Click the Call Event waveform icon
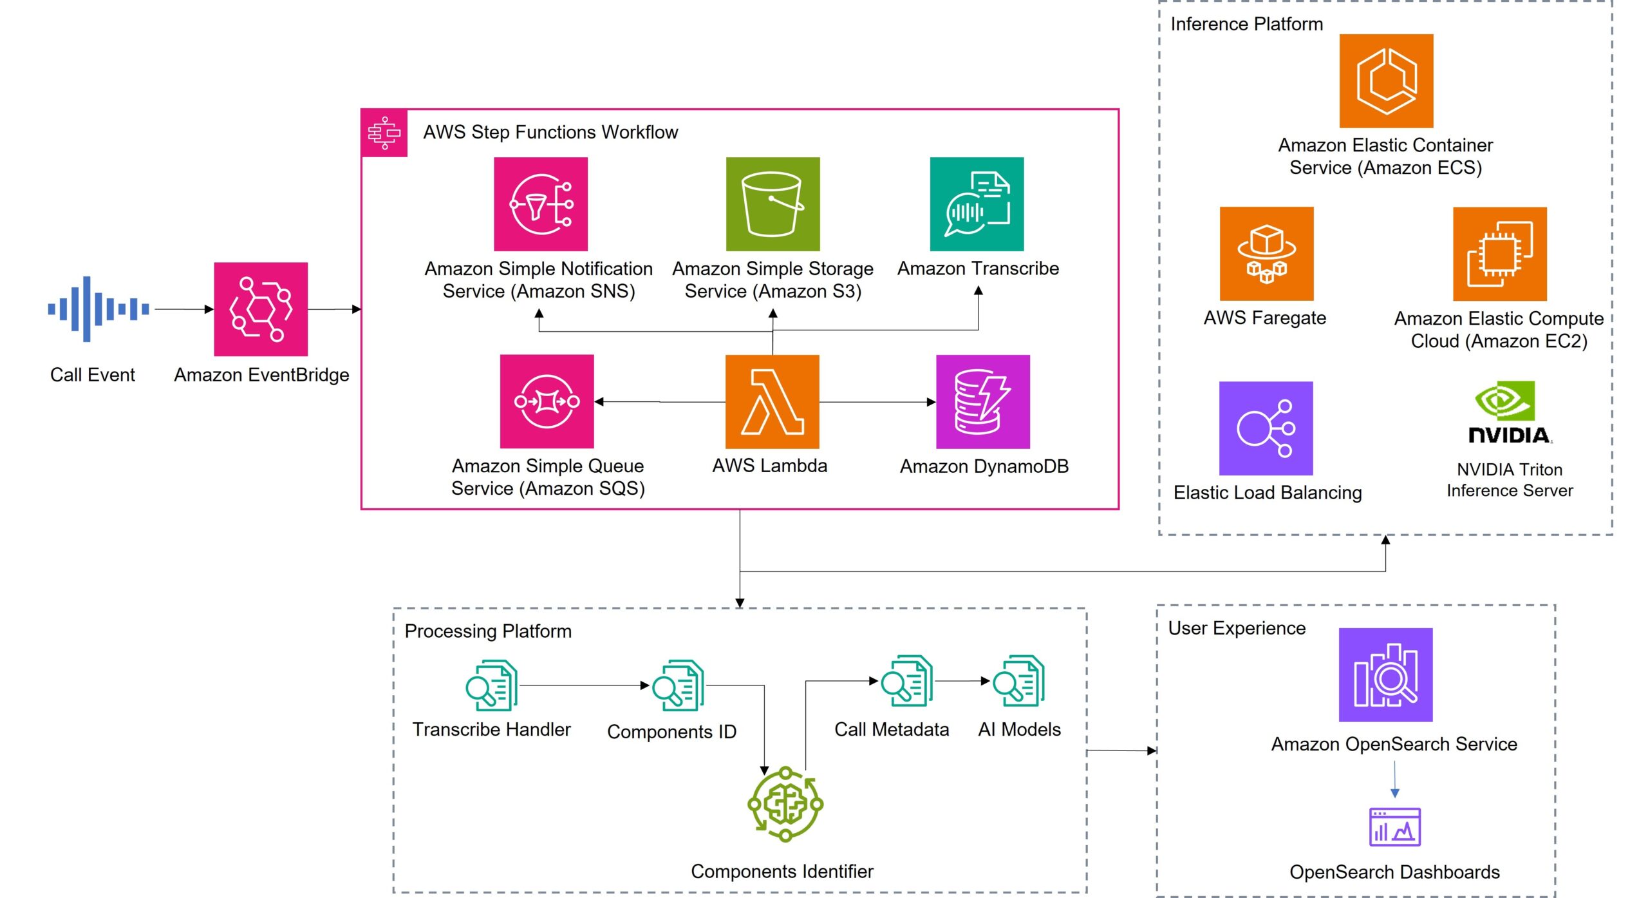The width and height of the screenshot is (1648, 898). [98, 309]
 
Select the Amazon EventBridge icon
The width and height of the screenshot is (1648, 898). [261, 309]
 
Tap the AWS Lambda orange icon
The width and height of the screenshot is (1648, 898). [772, 401]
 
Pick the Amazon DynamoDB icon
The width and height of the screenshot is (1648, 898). [982, 401]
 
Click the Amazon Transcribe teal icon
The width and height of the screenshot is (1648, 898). [977, 204]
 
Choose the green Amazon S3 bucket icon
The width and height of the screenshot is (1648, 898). [772, 204]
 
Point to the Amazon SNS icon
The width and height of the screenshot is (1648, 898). [541, 204]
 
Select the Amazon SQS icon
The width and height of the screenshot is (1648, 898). [547, 401]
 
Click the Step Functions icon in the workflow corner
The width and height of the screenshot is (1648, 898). [384, 133]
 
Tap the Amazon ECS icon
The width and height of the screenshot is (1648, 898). [1386, 81]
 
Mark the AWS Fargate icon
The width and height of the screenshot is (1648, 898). [1266, 254]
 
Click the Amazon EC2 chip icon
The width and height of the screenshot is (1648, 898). [1499, 254]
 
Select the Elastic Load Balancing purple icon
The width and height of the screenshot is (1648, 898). [1266, 428]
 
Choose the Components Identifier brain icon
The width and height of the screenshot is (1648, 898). [785, 804]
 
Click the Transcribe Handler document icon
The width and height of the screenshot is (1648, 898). [492, 685]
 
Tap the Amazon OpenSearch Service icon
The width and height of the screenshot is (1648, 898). [1385, 675]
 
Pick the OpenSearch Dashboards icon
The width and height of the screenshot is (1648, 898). [1394, 827]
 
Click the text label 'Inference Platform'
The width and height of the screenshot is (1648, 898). [1246, 24]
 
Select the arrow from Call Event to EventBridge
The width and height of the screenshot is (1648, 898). [183, 309]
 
